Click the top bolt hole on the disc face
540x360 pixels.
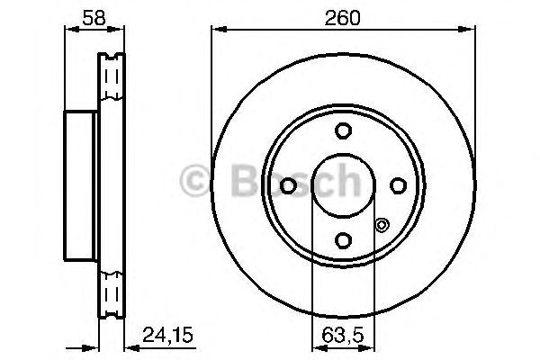[x=342, y=131]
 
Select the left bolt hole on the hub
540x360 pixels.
[x=288, y=185]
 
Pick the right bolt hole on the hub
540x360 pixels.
[x=397, y=185]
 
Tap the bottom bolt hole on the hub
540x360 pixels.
[x=342, y=239]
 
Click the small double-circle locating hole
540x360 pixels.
[x=381, y=226]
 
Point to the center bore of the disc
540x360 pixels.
[x=342, y=185]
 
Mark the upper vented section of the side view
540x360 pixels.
[x=110, y=81]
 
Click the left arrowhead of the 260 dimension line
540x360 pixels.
[x=216, y=29]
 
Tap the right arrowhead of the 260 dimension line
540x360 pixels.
[x=471, y=29]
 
